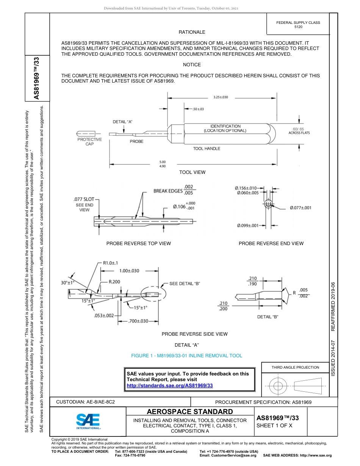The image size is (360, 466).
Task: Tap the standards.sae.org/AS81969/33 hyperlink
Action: point(169,385)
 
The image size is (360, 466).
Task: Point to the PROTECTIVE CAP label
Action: point(89,142)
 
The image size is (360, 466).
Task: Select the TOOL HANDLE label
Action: point(207,149)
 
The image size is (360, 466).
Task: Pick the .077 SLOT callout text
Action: point(83,199)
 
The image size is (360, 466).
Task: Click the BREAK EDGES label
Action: point(168,191)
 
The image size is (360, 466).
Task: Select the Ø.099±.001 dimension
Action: point(248,226)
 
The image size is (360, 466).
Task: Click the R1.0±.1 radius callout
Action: point(110,263)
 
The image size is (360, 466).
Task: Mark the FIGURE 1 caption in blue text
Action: point(186,356)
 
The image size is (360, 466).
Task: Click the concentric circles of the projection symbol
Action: point(279,386)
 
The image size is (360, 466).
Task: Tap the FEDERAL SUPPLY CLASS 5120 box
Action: point(298,25)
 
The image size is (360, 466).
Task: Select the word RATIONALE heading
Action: point(192,32)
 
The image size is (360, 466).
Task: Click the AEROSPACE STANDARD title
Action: point(190,412)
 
